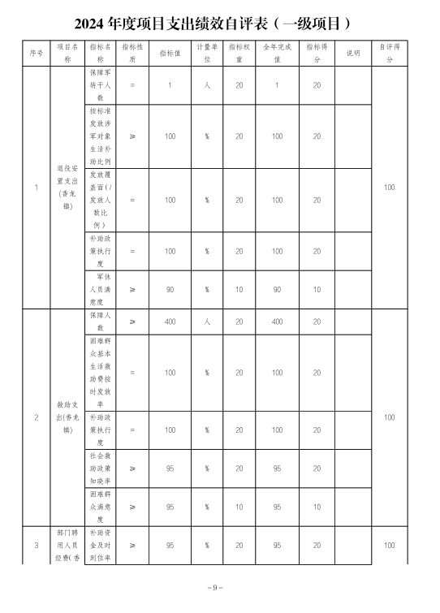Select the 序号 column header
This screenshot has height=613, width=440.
point(36,54)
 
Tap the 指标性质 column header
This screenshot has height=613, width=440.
point(132,54)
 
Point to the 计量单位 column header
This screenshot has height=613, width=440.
point(207,54)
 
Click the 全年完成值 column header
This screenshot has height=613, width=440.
point(278,54)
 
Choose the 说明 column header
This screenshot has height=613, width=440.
point(353,54)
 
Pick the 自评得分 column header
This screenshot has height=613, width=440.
point(390,54)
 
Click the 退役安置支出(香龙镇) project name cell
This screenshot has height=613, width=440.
point(67,188)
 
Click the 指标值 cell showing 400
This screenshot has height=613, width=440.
point(170,322)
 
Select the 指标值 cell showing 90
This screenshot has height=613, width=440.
point(170,288)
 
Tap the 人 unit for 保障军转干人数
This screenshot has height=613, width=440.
point(207,84)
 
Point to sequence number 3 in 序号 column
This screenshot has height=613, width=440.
point(36,545)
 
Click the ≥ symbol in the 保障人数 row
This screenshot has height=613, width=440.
point(132,322)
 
